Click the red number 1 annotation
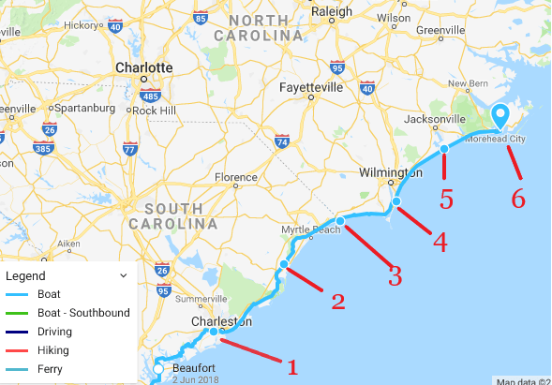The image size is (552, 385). click(x=292, y=366)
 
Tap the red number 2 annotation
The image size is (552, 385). click(x=337, y=301)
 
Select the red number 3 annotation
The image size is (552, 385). click(x=395, y=274)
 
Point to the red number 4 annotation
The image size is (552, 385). click(x=439, y=242)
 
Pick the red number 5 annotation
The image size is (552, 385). click(x=446, y=199)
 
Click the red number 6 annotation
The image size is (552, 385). click(x=517, y=198)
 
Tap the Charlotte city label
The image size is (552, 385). click(x=143, y=67)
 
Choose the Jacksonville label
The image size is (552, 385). click(x=435, y=120)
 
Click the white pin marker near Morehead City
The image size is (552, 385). click(x=500, y=116)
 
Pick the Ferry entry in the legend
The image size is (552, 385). click(x=50, y=369)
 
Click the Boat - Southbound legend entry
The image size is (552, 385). click(x=83, y=313)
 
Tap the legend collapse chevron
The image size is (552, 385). click(x=123, y=276)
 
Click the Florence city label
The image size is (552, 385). click(x=235, y=177)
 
